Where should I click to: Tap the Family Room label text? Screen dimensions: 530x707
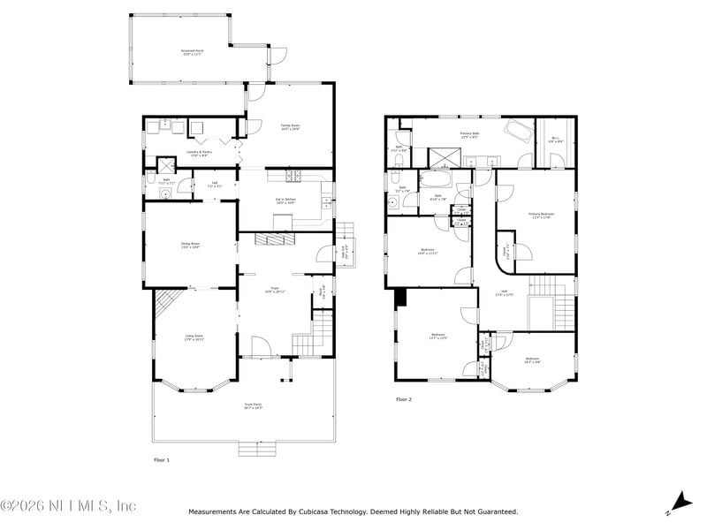(291, 126)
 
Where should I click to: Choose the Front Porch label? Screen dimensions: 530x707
(254, 406)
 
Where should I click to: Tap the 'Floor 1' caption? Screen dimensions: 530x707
(162, 460)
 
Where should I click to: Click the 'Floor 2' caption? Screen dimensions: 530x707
(404, 399)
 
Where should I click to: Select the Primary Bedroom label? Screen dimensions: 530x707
(541, 215)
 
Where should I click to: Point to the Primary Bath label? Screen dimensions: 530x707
(469, 134)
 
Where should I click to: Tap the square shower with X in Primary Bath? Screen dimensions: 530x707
(439, 157)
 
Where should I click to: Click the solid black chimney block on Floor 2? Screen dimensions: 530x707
(400, 297)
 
